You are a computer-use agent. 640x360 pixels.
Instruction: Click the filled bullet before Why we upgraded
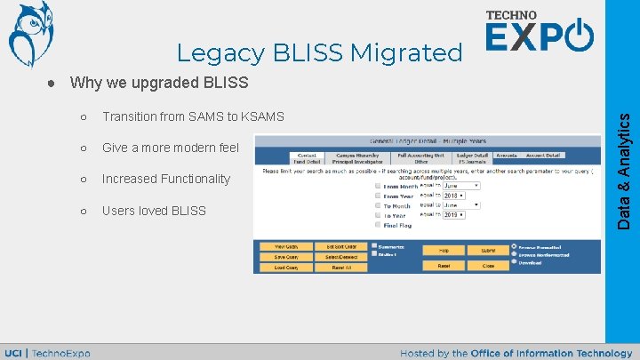click(x=52, y=84)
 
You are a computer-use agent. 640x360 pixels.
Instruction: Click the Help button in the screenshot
click(x=444, y=251)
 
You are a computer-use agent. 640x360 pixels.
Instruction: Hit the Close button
click(x=488, y=265)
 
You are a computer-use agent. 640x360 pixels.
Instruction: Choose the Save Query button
click(x=285, y=257)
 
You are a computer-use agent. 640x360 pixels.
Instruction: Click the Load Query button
click(x=285, y=267)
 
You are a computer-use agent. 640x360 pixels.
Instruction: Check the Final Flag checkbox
click(x=378, y=226)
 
